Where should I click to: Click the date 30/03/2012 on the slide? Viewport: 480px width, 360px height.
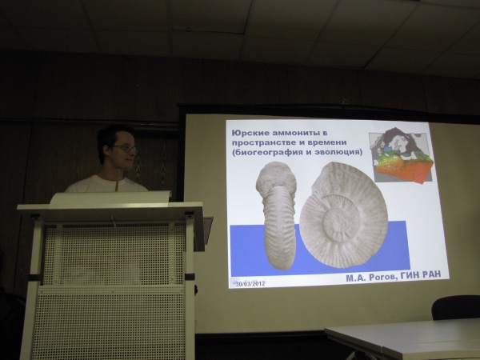tap(250, 283)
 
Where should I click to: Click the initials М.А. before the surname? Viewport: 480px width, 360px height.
tap(356, 278)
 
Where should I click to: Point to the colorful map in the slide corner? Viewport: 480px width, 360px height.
tap(402, 156)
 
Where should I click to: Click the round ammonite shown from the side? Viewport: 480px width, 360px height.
tap(343, 214)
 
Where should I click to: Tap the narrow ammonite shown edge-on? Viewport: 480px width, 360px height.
tap(277, 215)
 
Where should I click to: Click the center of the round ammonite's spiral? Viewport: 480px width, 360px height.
tap(341, 219)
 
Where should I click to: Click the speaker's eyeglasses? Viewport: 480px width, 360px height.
tap(126, 149)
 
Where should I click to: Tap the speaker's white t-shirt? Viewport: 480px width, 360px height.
tap(106, 184)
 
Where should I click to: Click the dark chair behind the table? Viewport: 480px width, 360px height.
tap(455, 307)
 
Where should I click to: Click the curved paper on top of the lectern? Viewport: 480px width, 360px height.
tap(110, 198)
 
